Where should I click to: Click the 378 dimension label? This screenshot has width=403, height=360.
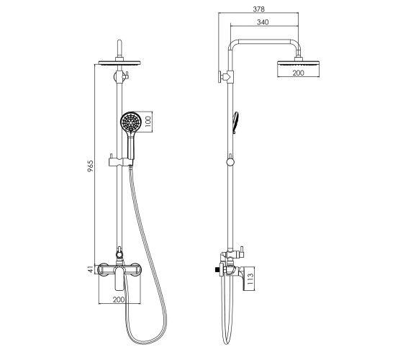click(x=258, y=9)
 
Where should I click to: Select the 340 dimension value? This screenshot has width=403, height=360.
click(x=263, y=22)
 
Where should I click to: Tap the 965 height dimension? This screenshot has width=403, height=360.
click(x=91, y=166)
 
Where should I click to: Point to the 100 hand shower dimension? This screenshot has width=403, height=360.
click(x=148, y=122)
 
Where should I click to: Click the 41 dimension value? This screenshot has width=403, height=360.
click(x=90, y=269)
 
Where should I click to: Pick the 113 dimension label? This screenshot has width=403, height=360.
click(x=250, y=279)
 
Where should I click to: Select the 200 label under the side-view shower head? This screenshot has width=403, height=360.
click(x=298, y=73)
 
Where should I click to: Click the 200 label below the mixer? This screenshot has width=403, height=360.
click(x=119, y=300)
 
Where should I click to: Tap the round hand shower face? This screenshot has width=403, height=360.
click(x=131, y=122)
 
